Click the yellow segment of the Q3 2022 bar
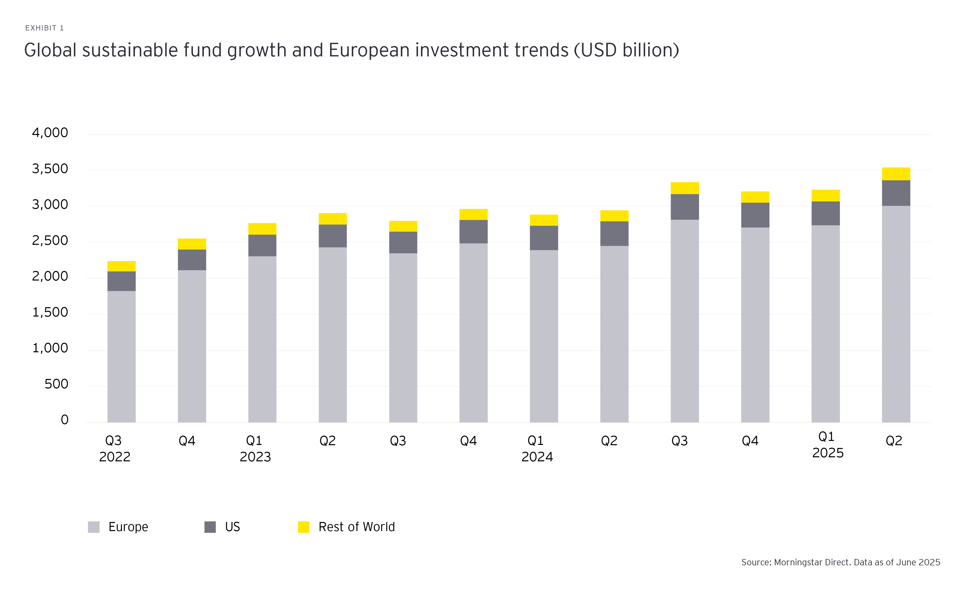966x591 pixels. [x=122, y=266]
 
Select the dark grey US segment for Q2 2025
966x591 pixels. [x=896, y=193]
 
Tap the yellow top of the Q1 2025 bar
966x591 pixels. [x=825, y=195]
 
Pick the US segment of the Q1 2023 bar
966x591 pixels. [x=262, y=245]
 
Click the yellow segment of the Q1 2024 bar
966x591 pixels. [x=544, y=220]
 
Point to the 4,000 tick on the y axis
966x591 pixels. [x=50, y=133]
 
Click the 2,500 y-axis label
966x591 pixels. [x=50, y=240]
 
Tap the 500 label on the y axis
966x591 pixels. [x=56, y=384]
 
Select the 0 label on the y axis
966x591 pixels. [x=65, y=420]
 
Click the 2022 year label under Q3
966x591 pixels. [x=114, y=457]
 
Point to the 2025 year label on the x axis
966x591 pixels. [x=828, y=453]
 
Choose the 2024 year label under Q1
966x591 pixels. [x=537, y=457]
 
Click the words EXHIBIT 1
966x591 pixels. [x=44, y=28]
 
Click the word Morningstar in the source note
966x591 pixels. [x=798, y=562]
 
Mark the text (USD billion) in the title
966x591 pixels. [x=626, y=50]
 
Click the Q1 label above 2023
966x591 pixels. [x=254, y=441]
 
